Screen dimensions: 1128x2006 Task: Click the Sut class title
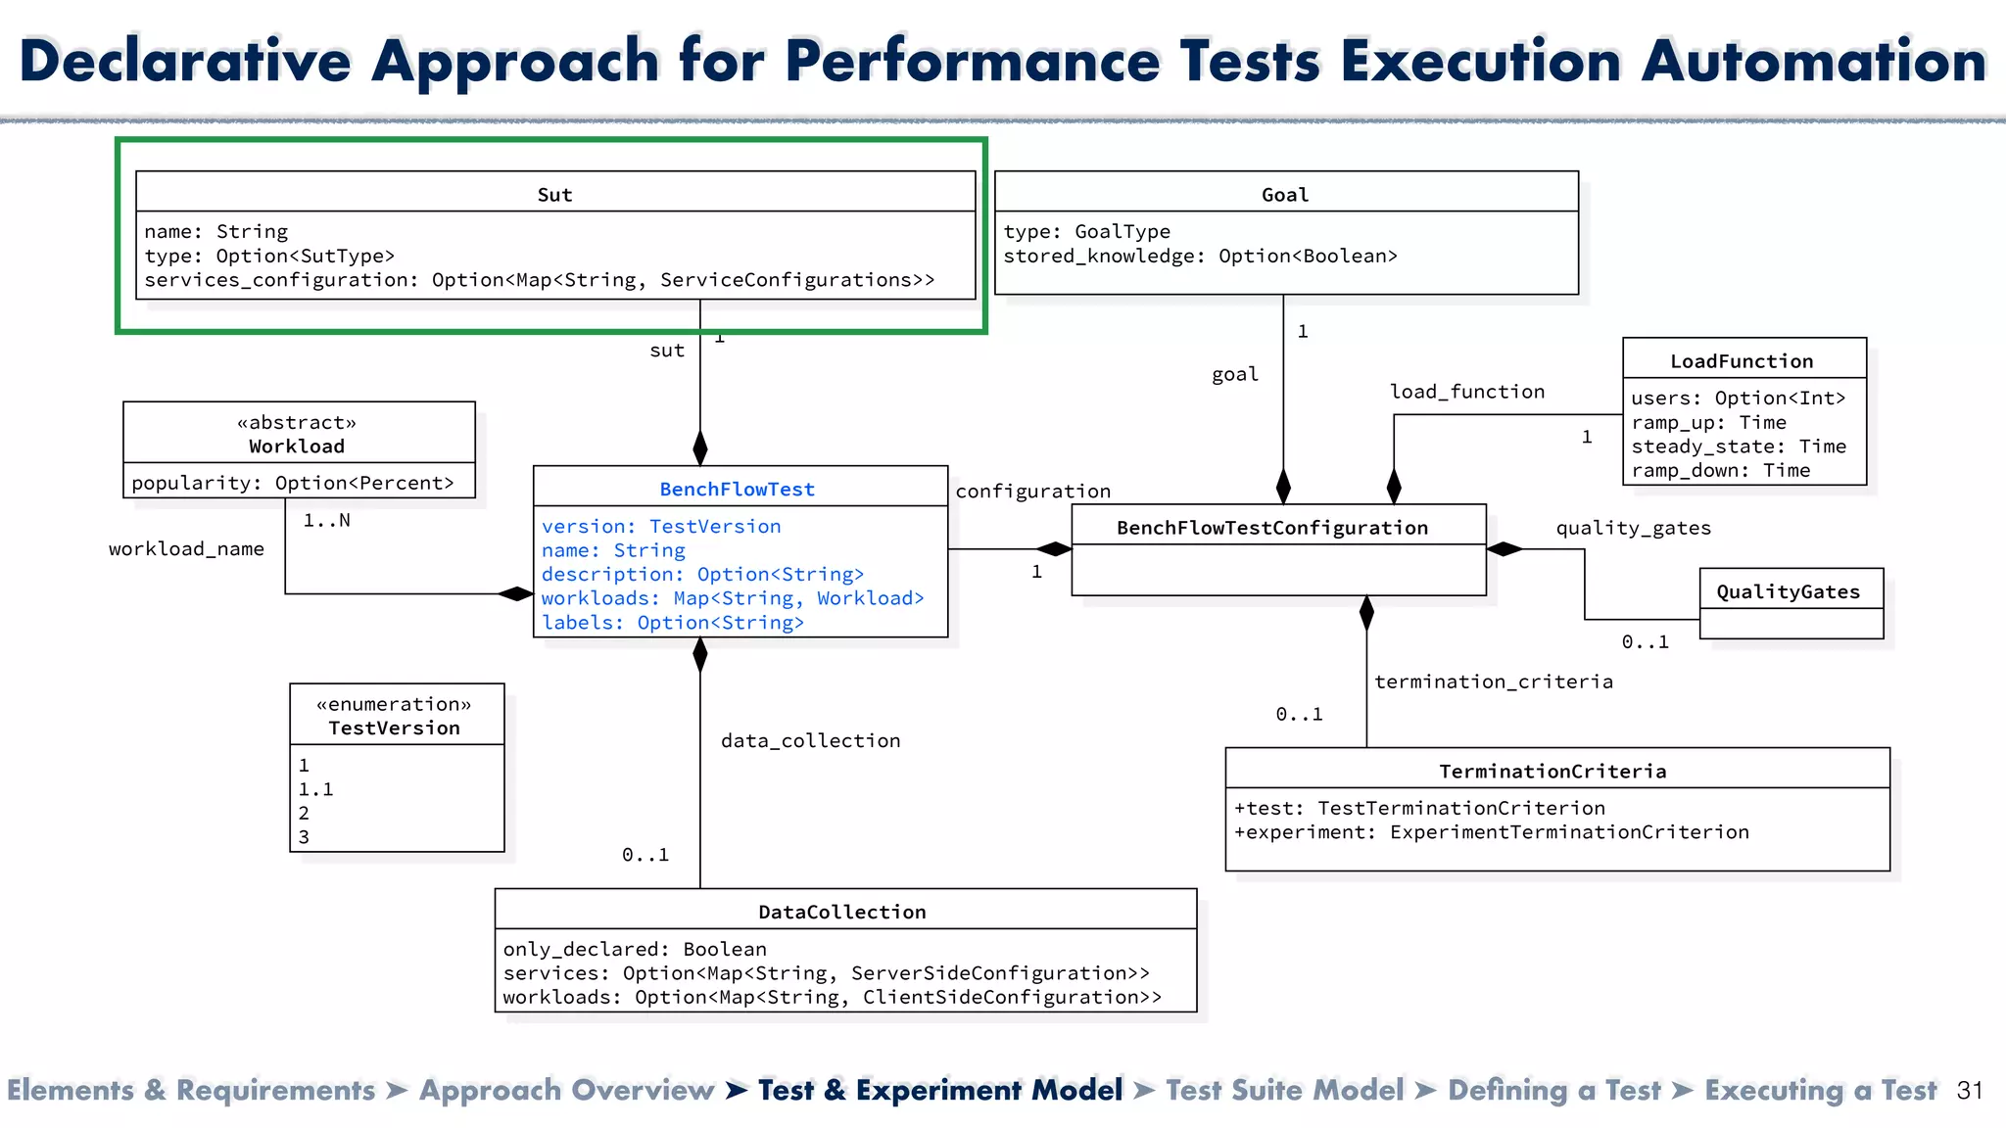pyautogui.click(x=554, y=194)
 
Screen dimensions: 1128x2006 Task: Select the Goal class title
pyautogui.click(x=1284, y=194)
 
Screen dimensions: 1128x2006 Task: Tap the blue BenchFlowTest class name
pyautogui.click(x=737, y=489)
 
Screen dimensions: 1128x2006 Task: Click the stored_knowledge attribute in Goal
pyautogui.click(x=1199, y=256)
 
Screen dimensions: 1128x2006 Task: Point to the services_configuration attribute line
pyautogui.click(x=539, y=280)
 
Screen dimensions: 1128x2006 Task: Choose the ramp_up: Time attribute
pyautogui.click(x=1708, y=422)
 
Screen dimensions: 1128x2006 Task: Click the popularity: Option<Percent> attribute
pyautogui.click(x=293, y=483)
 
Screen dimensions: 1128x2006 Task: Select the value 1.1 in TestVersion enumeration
pyautogui.click(x=315, y=789)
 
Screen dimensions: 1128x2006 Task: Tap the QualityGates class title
pyautogui.click(x=1788, y=591)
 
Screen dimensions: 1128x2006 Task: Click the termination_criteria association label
pyautogui.click(x=1493, y=681)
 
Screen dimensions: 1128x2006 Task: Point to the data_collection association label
pyautogui.click(x=810, y=741)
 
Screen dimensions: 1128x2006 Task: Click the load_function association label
pyautogui.click(x=1466, y=392)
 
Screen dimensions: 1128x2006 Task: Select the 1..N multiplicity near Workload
pyautogui.click(x=326, y=520)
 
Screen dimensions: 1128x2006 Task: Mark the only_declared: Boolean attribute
pyautogui.click(x=634, y=949)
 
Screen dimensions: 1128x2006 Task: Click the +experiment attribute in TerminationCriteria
pyautogui.click(x=1491, y=832)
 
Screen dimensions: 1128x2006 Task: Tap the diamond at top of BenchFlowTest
pyautogui.click(x=699, y=447)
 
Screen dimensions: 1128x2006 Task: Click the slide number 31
pyautogui.click(x=1969, y=1091)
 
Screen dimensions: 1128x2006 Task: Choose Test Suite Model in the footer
pyautogui.click(x=1284, y=1090)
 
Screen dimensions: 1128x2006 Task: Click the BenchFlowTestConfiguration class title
pyautogui.click(x=1271, y=528)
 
